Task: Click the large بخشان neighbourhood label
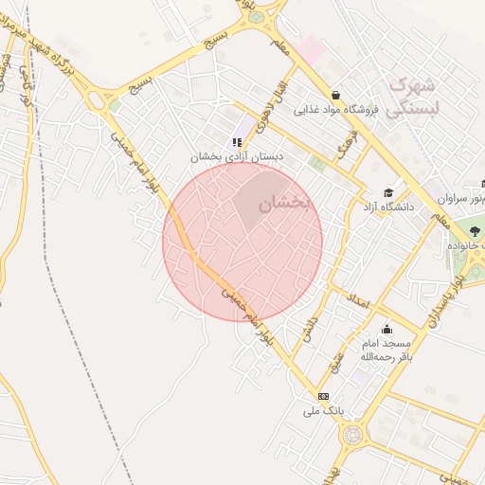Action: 285,201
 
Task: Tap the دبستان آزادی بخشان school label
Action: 230,156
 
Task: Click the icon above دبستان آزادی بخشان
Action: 237,142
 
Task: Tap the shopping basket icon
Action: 336,94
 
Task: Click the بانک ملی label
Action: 321,411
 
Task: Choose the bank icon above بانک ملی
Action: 323,396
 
